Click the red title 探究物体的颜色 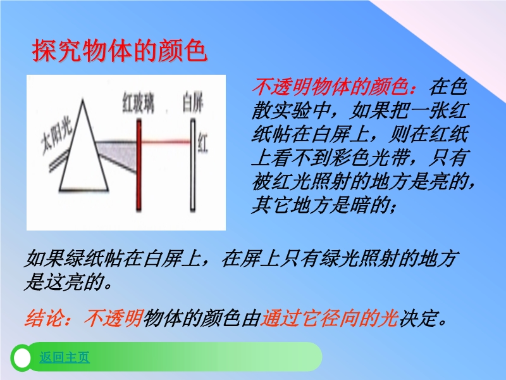[120, 51]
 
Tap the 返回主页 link [65, 357]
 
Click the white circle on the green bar [22, 358]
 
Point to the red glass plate [139, 165]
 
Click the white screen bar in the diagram [193, 165]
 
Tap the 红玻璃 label [138, 103]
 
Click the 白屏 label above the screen [193, 103]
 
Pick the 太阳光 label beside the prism [56, 138]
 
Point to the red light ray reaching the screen [166, 141]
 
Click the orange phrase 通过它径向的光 [329, 319]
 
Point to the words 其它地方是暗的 [320, 205]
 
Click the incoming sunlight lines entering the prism [59, 161]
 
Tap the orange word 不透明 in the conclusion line [114, 319]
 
